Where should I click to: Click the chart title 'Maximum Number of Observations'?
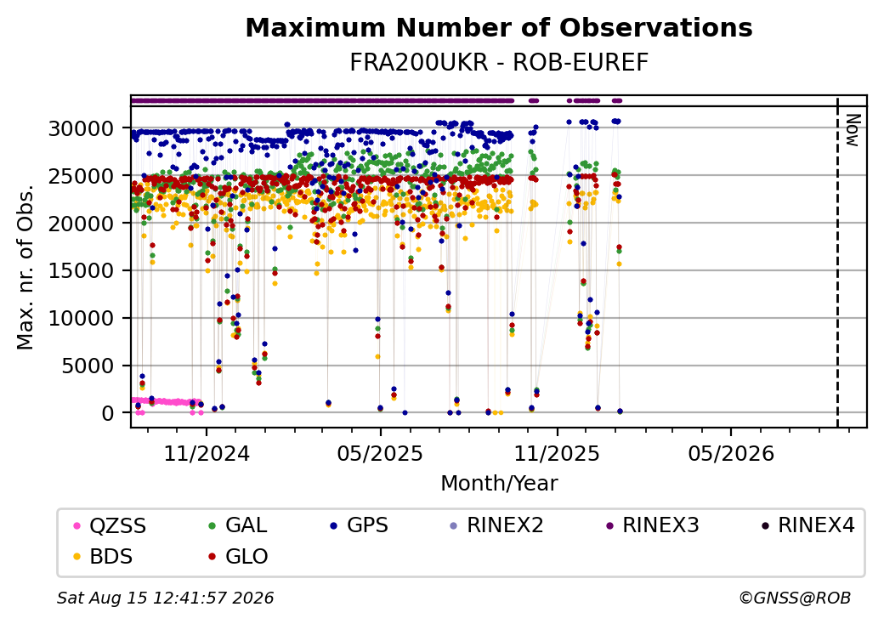point(499,27)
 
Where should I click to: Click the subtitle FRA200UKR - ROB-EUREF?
point(499,63)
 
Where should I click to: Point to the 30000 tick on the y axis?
point(82,128)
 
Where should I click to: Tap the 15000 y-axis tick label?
point(82,270)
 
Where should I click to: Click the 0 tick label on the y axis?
point(108,413)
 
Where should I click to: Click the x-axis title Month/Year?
point(499,483)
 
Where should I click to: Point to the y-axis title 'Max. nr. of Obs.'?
point(25,267)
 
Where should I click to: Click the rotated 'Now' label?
point(853,130)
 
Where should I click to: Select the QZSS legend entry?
point(111,525)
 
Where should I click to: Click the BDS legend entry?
point(104,556)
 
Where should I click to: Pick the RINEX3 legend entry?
point(652,525)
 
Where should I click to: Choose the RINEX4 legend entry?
point(807,525)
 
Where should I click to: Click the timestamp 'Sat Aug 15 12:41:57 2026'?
point(165,598)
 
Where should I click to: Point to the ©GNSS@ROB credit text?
point(795,598)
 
